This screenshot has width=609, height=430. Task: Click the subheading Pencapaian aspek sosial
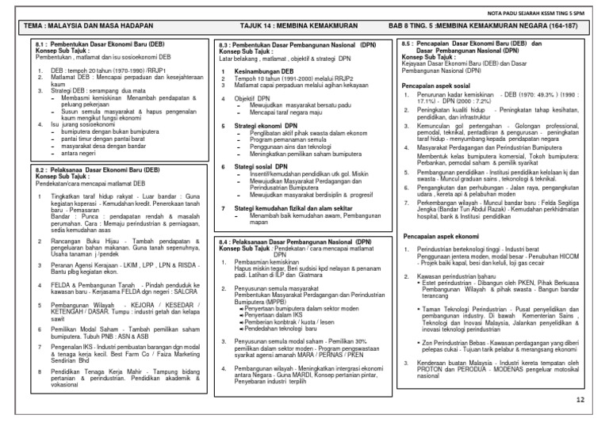[438, 83]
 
